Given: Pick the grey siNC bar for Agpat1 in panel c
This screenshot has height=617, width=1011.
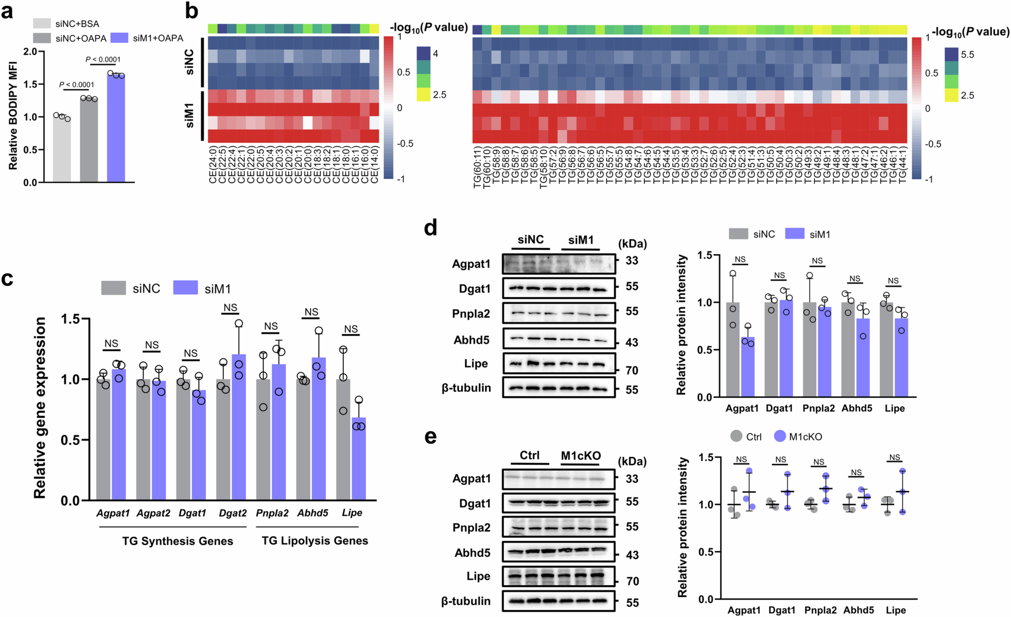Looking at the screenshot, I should (x=103, y=439).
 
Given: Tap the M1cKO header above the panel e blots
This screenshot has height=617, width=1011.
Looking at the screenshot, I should (x=581, y=456).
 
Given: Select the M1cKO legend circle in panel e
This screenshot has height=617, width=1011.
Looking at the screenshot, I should (x=780, y=436).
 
